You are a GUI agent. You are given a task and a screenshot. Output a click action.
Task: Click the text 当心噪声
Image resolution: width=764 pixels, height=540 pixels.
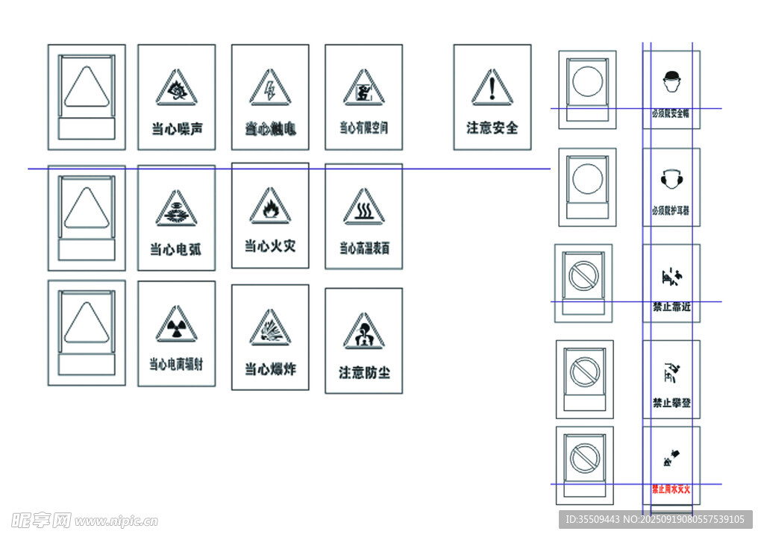tap(177, 129)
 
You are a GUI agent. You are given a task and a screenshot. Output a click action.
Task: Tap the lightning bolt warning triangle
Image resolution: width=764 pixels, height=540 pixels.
tap(270, 90)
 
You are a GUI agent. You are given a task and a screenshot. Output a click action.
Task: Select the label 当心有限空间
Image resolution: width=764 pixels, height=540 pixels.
tap(364, 128)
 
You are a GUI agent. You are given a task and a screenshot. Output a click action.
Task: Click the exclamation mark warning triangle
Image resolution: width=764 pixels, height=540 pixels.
tap(492, 90)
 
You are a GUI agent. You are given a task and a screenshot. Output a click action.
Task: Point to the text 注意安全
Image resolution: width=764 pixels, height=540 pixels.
tap(492, 128)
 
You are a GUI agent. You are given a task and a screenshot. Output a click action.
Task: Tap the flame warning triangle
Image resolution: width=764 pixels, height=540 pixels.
tap(270, 207)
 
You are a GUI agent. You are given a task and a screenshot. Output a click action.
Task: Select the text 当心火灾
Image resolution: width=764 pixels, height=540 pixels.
tap(270, 245)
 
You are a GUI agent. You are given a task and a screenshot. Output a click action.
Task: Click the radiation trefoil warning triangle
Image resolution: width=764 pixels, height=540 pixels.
tap(177, 326)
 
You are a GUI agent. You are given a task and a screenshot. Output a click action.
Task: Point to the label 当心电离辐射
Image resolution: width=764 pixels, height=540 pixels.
tap(177, 365)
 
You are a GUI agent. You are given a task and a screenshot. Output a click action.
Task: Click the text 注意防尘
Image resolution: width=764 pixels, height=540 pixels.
tap(364, 372)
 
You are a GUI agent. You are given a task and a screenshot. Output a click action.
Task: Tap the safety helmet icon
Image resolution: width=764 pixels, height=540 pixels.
tap(671, 79)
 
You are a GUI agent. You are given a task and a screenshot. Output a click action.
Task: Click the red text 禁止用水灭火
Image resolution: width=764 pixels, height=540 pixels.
tap(671, 489)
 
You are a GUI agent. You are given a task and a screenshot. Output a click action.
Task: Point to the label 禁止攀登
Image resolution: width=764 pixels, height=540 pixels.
tap(671, 403)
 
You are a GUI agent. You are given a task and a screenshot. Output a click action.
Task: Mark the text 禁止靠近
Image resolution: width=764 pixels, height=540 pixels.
tap(671, 307)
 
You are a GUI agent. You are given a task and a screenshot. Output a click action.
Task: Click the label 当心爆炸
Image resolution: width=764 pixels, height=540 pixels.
tap(270, 369)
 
